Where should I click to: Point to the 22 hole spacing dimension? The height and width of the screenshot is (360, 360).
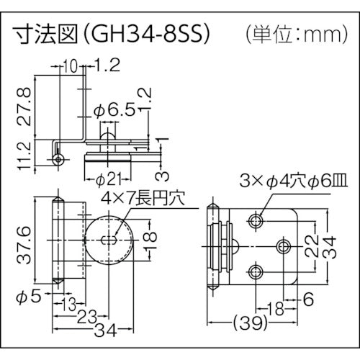310,248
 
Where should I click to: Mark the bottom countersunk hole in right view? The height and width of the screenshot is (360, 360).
256,271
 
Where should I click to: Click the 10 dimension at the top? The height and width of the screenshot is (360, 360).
70,67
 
